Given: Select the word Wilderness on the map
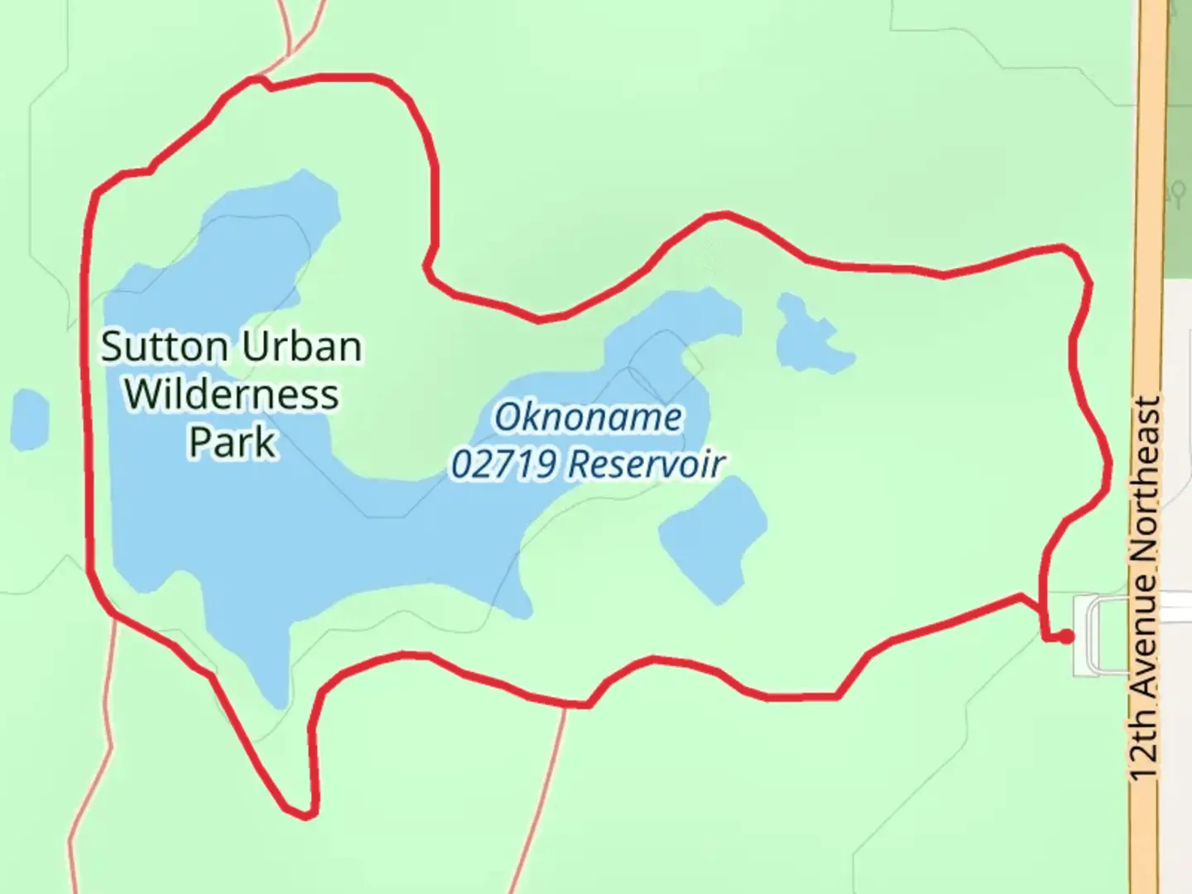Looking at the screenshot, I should pos(232,394).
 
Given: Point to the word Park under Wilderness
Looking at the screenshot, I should pos(232,441).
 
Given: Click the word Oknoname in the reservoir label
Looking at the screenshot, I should pos(588,417).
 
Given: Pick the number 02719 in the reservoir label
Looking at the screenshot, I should pos(502,464).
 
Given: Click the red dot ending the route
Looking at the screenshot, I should pos(1067,637).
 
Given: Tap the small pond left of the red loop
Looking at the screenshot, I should pos(30,420).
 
